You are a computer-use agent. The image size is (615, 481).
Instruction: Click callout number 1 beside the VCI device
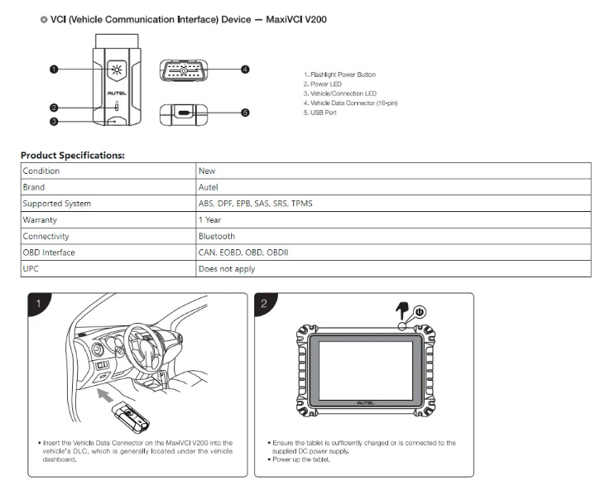(x=54, y=70)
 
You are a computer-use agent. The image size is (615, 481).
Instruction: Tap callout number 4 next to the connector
(x=245, y=70)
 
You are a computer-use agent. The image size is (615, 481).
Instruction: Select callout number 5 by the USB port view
(x=245, y=113)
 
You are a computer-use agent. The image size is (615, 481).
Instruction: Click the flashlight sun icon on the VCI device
(x=117, y=70)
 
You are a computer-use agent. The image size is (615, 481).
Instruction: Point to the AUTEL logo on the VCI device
(x=117, y=94)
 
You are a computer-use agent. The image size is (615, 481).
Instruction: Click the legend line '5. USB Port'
(x=320, y=113)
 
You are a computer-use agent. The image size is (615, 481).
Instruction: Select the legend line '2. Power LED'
(x=323, y=84)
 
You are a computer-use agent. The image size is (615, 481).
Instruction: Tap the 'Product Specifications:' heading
(x=73, y=156)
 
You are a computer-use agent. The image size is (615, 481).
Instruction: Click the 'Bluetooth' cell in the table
(x=217, y=236)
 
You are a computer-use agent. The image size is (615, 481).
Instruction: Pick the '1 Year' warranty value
(x=210, y=219)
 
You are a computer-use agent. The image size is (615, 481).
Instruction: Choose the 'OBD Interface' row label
(x=49, y=253)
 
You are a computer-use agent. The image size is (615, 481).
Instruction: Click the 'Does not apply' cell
(x=227, y=269)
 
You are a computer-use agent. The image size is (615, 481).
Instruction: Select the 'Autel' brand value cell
(x=209, y=187)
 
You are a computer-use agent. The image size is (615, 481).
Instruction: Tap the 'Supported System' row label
(x=57, y=204)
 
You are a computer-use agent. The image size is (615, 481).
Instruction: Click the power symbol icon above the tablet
(x=420, y=312)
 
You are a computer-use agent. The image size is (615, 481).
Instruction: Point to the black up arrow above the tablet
(x=401, y=310)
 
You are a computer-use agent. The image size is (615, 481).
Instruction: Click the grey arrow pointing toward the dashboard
(x=105, y=395)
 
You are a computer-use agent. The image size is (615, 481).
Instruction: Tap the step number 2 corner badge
(x=265, y=303)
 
